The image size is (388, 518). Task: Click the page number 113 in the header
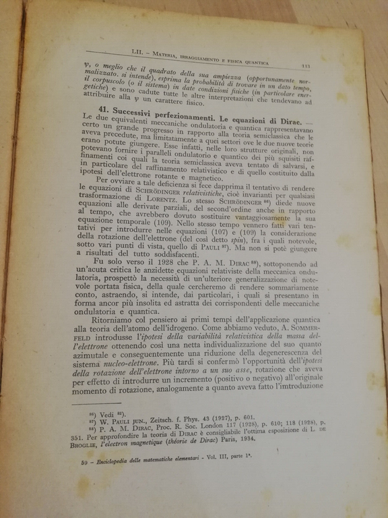(x=305, y=65)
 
